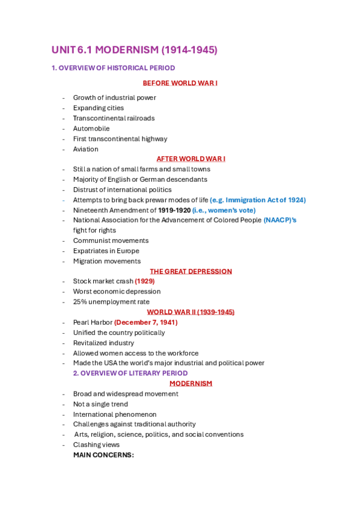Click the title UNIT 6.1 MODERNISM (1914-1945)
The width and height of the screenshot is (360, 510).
(134, 50)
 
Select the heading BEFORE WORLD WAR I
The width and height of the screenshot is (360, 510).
(180, 83)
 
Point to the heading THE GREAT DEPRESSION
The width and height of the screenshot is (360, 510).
(191, 271)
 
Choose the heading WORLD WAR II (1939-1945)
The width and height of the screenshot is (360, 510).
(191, 312)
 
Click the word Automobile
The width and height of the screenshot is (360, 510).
(91, 129)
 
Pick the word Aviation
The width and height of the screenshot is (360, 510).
(86, 149)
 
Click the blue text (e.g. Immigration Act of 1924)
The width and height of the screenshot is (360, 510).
(258, 200)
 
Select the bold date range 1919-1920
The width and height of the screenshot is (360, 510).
(174, 210)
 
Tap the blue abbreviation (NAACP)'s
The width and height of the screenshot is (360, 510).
(280, 220)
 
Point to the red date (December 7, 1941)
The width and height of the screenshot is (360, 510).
(146, 322)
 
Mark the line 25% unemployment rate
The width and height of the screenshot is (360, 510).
(111, 302)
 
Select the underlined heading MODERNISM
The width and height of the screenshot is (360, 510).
(191, 384)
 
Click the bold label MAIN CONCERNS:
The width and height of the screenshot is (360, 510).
(103, 455)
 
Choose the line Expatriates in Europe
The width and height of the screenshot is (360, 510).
(106, 251)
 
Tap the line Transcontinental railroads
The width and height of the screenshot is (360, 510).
(114, 118)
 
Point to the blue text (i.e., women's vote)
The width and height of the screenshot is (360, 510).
(224, 210)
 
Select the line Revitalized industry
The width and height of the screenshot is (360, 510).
(103, 343)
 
